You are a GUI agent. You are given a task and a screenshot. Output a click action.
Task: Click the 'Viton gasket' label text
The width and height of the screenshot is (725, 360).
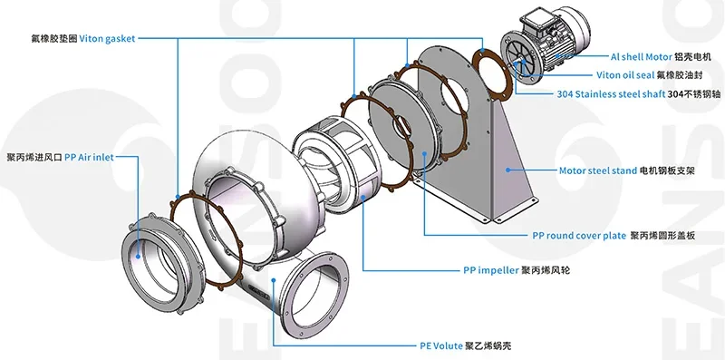[107, 39]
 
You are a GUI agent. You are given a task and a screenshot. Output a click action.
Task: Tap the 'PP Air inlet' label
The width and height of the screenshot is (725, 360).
[89, 157]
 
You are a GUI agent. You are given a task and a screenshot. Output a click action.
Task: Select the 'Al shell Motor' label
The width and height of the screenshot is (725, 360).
[642, 57]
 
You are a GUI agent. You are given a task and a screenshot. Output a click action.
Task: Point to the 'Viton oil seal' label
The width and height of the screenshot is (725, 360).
[625, 75]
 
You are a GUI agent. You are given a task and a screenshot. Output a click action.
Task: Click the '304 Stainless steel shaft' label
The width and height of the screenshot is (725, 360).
[611, 94]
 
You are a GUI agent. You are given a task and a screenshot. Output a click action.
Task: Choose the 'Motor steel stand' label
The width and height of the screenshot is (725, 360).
[598, 170]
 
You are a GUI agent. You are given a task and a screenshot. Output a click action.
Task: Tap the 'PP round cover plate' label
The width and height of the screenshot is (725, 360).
[579, 236]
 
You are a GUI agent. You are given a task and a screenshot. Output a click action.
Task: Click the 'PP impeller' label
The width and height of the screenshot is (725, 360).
[491, 269]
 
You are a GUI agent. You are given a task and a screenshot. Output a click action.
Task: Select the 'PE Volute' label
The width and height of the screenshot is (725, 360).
[441, 345]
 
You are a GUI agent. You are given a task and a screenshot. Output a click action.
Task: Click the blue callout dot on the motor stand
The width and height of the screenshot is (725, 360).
[507, 170]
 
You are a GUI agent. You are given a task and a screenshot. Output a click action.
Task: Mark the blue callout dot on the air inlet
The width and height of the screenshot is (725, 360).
[138, 255]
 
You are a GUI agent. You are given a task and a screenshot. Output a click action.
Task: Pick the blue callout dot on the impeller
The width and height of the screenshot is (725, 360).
[363, 197]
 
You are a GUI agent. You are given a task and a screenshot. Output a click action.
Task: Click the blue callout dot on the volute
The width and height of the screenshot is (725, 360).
[274, 279]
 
